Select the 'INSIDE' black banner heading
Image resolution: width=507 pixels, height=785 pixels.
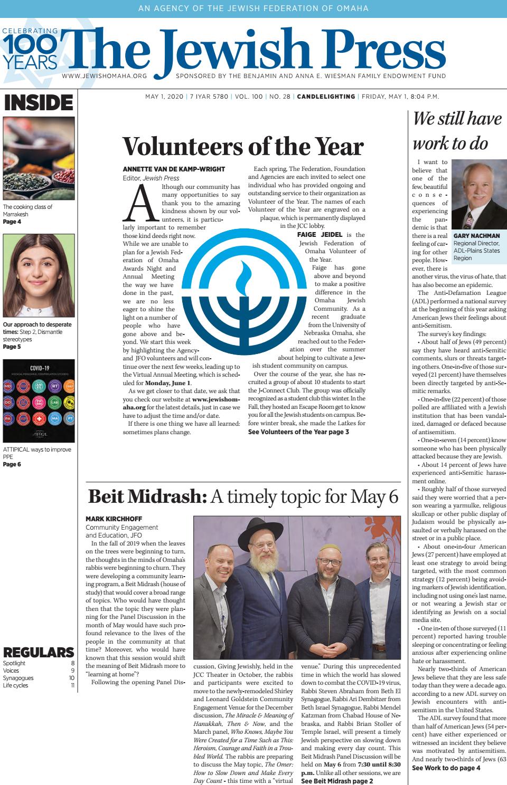pos(38,102)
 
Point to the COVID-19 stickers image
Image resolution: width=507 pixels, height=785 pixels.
pos(38,400)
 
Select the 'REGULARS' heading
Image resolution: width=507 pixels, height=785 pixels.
pos(38,652)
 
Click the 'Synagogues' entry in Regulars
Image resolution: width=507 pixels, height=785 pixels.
pos(18,678)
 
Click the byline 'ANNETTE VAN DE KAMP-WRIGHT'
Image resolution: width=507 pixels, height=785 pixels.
pos(173,169)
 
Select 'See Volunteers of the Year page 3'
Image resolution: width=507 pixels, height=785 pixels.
pos(298,432)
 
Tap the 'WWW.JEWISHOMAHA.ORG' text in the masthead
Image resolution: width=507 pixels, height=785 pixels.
pos(104,76)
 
